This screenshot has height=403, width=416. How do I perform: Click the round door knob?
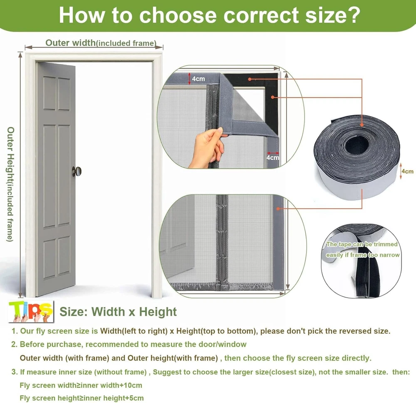pyautogui.click(x=77, y=171)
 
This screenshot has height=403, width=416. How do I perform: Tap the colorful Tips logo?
pyautogui.click(x=31, y=311)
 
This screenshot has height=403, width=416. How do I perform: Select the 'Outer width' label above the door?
pyautogui.click(x=70, y=42)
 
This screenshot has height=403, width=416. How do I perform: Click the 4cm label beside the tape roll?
pyautogui.click(x=408, y=171)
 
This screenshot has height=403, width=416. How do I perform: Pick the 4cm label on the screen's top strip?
pyautogui.click(x=198, y=79)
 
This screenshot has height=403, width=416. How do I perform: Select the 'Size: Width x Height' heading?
pyautogui.click(x=118, y=312)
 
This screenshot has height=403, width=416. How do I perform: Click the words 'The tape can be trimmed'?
pyautogui.click(x=362, y=244)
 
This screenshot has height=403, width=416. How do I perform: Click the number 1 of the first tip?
pyautogui.click(x=14, y=331)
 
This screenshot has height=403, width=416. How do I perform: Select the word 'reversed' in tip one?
pyautogui.click(x=354, y=331)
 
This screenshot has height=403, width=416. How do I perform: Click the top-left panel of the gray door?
pyautogui.click(x=50, y=93)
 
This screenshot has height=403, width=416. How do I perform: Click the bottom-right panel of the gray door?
pyautogui.click(x=64, y=256)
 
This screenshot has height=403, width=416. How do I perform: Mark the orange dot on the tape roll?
pyautogui.click(x=362, y=125)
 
